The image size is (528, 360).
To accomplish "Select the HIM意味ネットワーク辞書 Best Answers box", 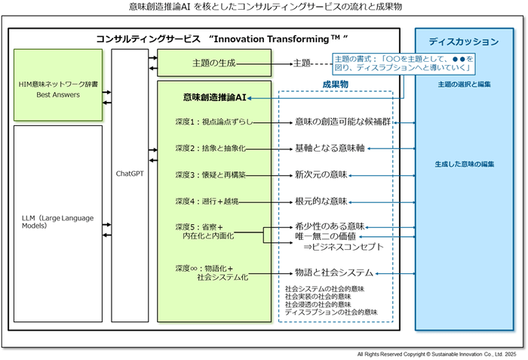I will (x=58, y=85).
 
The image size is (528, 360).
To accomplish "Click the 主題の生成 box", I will (x=213, y=63).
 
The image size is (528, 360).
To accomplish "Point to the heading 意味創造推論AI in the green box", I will (x=213, y=98).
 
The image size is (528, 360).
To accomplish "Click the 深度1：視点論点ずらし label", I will (x=213, y=122).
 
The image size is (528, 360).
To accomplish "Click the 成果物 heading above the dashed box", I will (x=335, y=85).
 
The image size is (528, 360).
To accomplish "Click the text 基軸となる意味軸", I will (x=330, y=148).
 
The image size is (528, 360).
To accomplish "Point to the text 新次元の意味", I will (x=321, y=174).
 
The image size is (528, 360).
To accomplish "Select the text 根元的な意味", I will (x=321, y=202).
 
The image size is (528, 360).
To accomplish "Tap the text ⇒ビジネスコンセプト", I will (x=343, y=247).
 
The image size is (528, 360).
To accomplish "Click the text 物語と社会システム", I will (x=334, y=272).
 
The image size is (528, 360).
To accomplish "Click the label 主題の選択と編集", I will (x=464, y=85).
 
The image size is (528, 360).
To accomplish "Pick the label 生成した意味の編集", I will (x=464, y=164).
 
